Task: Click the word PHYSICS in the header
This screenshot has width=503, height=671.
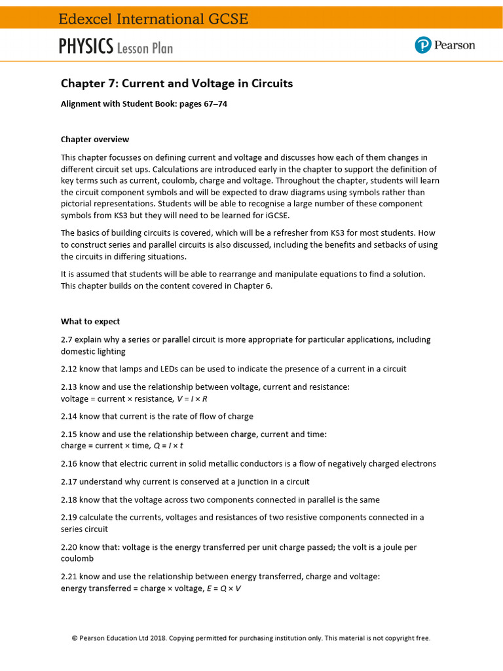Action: click(x=86, y=47)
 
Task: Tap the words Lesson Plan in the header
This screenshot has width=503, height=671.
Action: click(x=145, y=47)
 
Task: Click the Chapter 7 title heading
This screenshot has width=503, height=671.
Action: click(x=177, y=83)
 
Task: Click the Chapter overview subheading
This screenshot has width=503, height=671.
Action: click(x=95, y=139)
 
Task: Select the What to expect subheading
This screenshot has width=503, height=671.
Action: click(x=90, y=321)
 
